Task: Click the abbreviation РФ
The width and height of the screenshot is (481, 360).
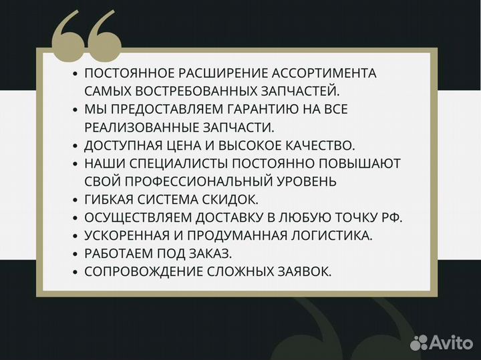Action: pyautogui.click(x=393, y=217)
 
